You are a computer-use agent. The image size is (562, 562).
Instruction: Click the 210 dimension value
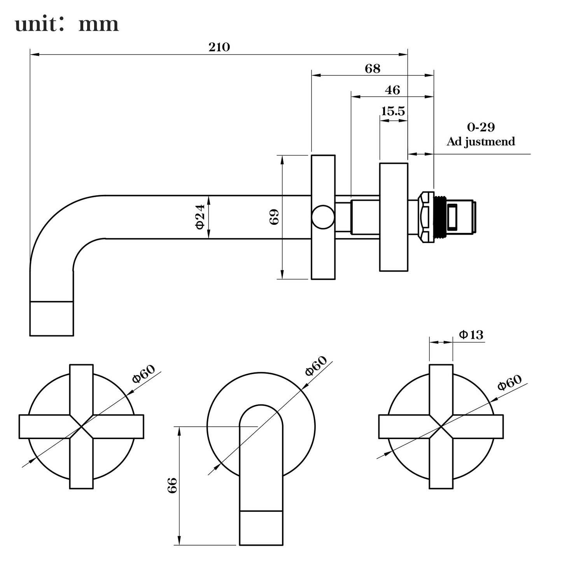coord(219,47)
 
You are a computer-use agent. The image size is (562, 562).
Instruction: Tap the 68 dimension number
coord(372,68)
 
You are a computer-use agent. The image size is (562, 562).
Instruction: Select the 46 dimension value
coord(392,90)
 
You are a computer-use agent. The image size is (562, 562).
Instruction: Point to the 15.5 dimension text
coord(393,112)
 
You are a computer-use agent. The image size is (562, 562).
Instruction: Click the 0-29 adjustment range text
coord(481,127)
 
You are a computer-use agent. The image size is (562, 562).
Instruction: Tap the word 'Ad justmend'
coord(481,141)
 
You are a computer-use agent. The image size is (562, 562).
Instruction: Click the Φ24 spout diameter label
coord(200,217)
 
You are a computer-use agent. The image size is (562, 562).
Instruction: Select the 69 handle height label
coord(274,217)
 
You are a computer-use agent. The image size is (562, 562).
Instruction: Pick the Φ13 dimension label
coord(471,334)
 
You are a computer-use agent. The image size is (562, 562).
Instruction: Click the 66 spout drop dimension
coord(172,485)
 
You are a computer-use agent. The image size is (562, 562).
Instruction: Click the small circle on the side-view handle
coord(322,217)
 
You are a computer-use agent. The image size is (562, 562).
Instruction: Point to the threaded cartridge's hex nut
coord(425,217)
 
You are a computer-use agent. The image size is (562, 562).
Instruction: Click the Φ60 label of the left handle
coord(144,374)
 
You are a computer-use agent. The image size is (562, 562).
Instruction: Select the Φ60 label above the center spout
coord(316,366)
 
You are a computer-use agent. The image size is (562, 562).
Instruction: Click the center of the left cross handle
coord(81,427)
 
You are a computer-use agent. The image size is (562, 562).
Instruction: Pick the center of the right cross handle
coord(441,427)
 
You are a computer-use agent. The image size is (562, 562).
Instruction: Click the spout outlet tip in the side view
coord(52,319)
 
